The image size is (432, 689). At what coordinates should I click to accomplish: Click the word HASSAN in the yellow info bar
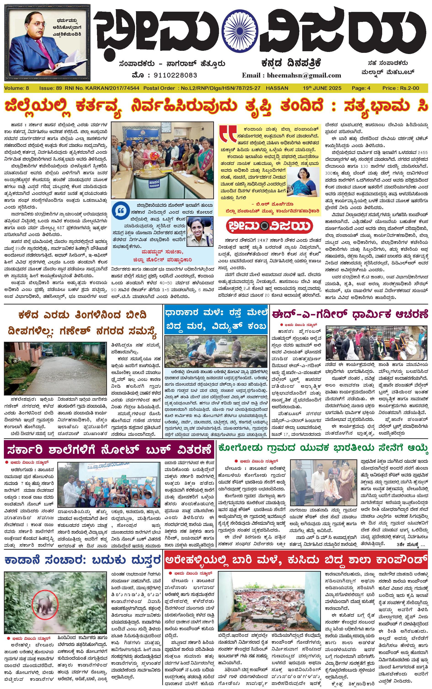point(277,88)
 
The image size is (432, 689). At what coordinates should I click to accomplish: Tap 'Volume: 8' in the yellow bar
point(16,88)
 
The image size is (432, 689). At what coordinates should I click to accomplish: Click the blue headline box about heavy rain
point(216,319)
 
